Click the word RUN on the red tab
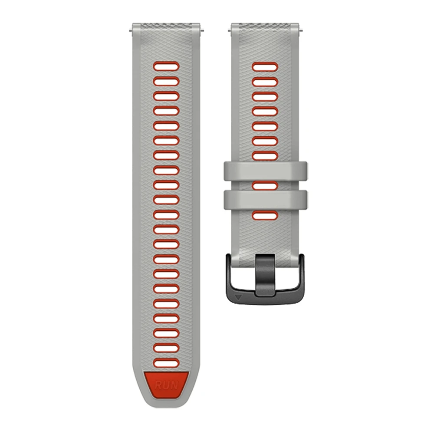167,385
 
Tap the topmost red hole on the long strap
166,66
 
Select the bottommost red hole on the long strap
166,363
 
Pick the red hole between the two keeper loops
265,185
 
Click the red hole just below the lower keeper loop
265,215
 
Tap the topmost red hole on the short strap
265,67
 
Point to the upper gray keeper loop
265,171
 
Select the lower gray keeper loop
265,200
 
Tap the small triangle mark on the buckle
238,298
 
